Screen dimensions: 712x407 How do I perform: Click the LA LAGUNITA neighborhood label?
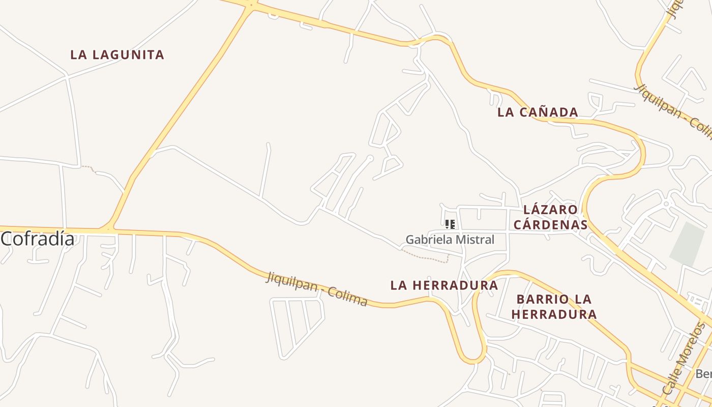pos(117,55)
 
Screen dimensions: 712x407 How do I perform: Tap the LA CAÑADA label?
pos(538,112)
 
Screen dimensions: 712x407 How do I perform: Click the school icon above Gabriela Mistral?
pos(450,224)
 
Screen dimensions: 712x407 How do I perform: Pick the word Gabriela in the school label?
pos(428,240)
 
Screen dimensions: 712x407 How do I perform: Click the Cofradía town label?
pos(38,239)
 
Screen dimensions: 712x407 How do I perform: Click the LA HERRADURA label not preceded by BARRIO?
pos(443,286)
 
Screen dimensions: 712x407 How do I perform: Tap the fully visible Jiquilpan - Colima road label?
pos(317,289)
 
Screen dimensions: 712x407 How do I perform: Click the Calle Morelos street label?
pos(685,359)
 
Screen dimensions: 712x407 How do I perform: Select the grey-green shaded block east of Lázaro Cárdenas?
pos(688,245)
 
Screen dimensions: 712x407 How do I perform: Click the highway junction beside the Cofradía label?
pos(108,229)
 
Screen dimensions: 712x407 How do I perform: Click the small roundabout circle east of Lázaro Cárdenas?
pos(666,204)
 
